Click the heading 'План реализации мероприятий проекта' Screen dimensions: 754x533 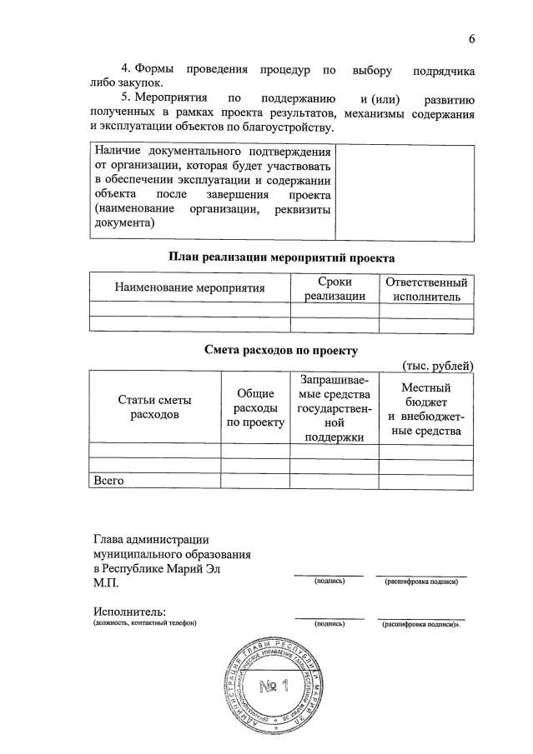tap(281, 257)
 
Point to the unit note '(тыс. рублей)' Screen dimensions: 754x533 tap(437, 365)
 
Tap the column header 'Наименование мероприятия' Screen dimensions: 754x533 tap(189, 288)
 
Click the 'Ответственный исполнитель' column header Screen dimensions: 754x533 tap(426, 288)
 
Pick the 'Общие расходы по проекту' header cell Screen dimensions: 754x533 tap(255, 407)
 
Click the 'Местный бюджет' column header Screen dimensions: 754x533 tap(426, 408)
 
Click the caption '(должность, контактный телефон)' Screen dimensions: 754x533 tap(144, 624)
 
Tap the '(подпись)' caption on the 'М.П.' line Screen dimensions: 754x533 tap(329, 582)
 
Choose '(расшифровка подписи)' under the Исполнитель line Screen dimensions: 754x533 tap(420, 624)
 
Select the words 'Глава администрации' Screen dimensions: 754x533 tap(151, 539)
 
